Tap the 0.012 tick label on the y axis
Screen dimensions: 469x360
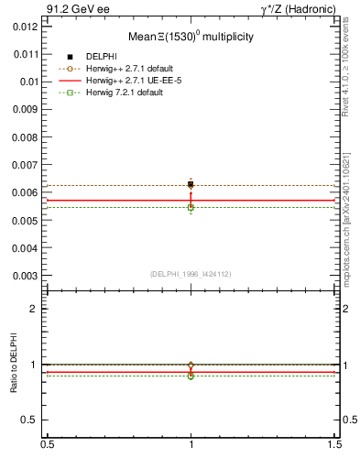coord(27,27)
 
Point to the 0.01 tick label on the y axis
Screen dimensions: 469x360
coord(29,82)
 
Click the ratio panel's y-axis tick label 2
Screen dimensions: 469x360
coord(35,309)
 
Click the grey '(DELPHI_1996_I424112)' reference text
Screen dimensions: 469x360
coord(191,274)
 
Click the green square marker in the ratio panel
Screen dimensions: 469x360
coord(191,376)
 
